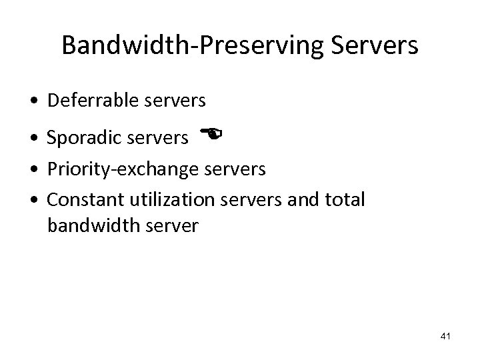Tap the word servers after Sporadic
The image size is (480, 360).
click(x=154, y=137)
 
